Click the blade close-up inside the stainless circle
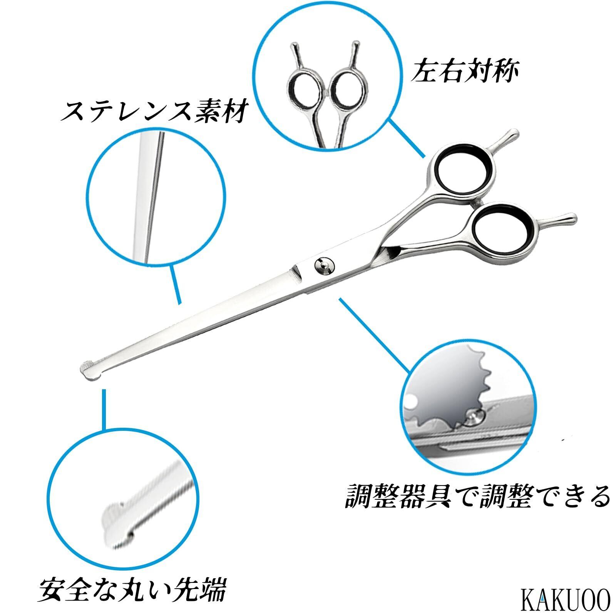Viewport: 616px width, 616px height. [152, 192]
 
